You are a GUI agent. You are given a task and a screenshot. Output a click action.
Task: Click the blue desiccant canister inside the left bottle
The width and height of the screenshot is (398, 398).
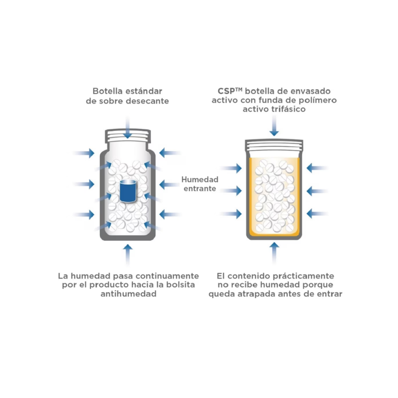[x=127, y=191]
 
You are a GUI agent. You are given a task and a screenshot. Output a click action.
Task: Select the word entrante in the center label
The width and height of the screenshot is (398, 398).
[x=199, y=188]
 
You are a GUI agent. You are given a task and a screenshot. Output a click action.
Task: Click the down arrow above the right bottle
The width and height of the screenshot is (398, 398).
[x=274, y=125]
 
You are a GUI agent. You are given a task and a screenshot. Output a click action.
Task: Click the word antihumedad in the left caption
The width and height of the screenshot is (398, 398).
[x=128, y=295]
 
